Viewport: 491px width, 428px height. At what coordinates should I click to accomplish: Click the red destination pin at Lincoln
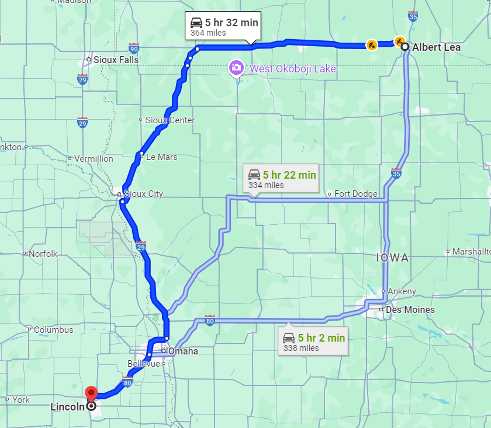[91, 393]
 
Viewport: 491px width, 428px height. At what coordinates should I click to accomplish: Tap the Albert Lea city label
[436, 47]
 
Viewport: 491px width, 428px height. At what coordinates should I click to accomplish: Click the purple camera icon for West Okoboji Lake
[236, 68]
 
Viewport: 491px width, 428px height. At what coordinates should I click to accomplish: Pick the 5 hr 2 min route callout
[314, 342]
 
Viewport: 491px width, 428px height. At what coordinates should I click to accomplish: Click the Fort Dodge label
[355, 194]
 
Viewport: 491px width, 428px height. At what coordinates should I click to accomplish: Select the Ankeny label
[402, 291]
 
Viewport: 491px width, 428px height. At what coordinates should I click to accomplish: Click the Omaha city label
[183, 352]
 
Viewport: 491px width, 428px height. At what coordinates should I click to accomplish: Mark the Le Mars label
[161, 157]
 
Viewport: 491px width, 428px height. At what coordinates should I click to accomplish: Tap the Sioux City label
[144, 194]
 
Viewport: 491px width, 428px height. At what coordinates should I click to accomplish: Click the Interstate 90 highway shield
[134, 48]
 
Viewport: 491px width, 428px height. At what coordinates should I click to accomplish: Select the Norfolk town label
[43, 254]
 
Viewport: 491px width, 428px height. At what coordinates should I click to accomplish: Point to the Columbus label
[53, 330]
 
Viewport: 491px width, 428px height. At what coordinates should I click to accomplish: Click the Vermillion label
[94, 159]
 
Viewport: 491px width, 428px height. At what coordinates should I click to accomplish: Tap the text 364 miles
[208, 33]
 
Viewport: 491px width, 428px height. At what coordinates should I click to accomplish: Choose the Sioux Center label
[170, 120]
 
